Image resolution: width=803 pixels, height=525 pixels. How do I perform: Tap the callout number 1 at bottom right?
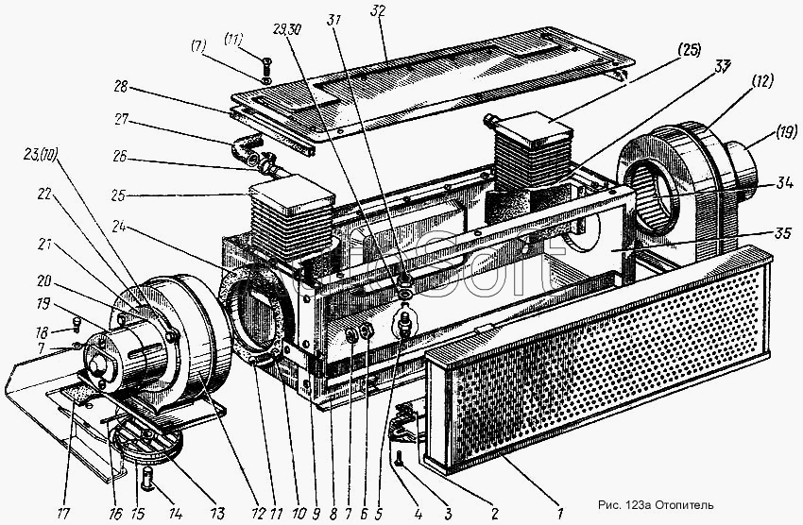(560, 512)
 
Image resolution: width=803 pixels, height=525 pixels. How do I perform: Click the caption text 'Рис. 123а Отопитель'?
(656, 505)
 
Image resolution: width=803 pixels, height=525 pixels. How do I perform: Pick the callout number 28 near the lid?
(121, 88)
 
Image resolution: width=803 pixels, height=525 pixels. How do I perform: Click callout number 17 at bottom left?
(63, 512)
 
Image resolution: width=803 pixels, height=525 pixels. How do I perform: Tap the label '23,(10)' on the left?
(39, 154)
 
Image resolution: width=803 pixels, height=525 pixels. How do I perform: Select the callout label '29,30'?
(287, 30)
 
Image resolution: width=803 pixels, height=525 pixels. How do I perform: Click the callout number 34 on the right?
(784, 182)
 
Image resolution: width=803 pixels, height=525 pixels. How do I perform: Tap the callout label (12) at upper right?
(761, 82)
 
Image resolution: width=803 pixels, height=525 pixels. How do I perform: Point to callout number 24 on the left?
(118, 226)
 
